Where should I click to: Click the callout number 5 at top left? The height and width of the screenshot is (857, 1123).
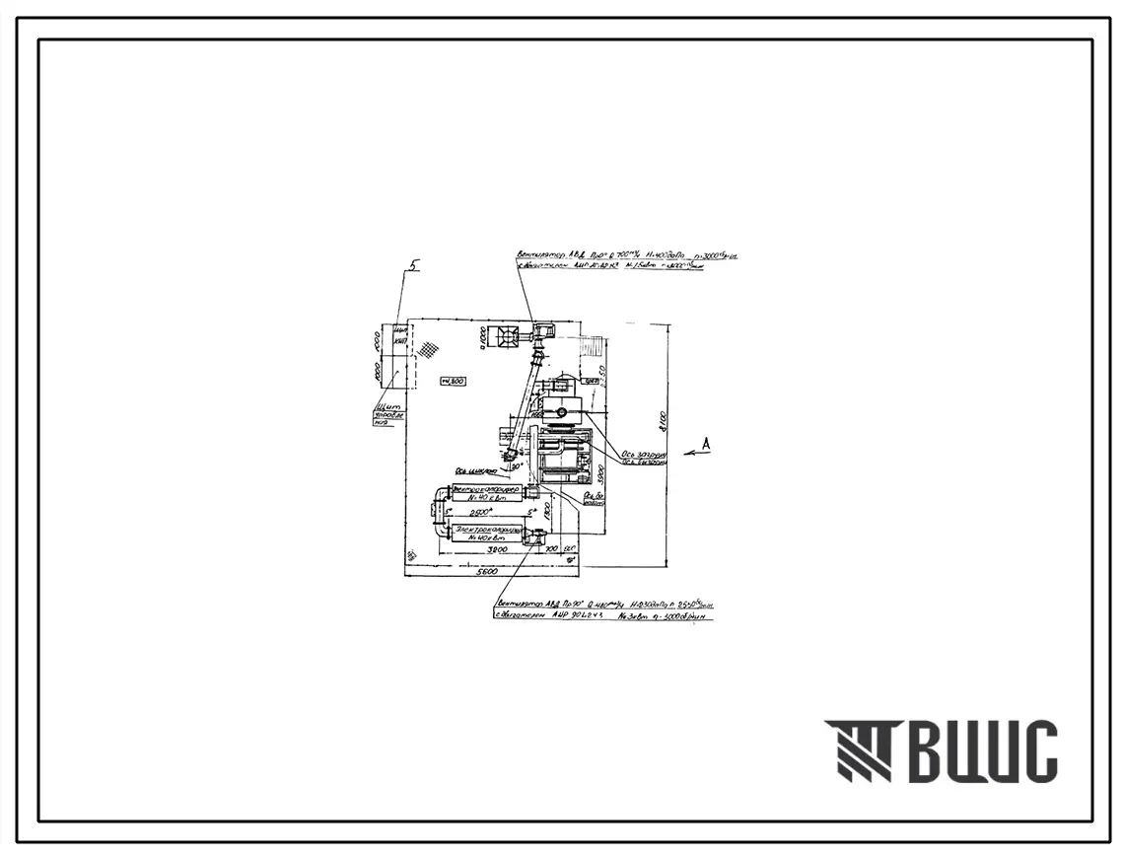click(x=416, y=264)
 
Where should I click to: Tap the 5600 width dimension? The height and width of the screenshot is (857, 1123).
click(x=486, y=571)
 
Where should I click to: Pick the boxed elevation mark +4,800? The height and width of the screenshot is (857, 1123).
click(x=454, y=381)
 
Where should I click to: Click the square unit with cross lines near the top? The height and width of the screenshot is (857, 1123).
click(x=509, y=336)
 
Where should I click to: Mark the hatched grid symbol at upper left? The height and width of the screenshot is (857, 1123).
click(x=428, y=348)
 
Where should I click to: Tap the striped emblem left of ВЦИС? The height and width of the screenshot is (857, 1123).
click(x=859, y=751)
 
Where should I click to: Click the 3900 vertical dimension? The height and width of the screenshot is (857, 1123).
click(x=600, y=474)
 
